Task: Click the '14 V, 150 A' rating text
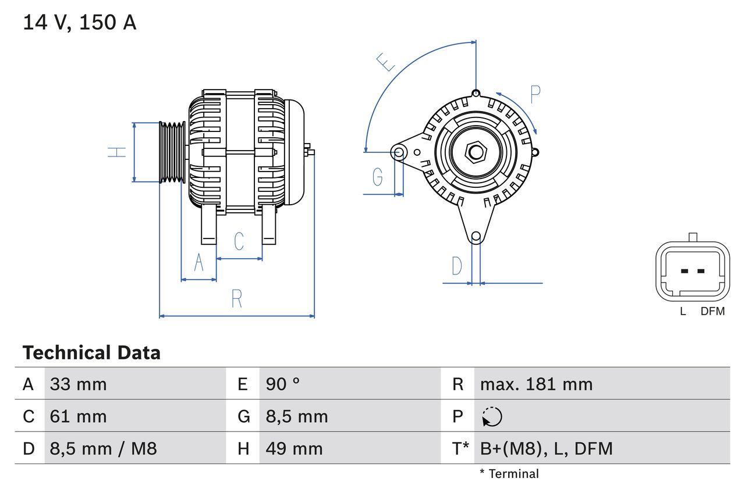click(x=79, y=23)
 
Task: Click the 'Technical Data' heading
click(x=91, y=352)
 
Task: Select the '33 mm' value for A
click(x=78, y=384)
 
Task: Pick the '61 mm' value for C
click(x=78, y=416)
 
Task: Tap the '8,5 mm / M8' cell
click(x=103, y=448)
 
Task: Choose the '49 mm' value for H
click(x=294, y=448)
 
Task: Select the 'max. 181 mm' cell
click(x=536, y=384)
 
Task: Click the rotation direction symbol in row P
click(x=492, y=416)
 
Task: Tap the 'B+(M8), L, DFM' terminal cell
click(x=546, y=448)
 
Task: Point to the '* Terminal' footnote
click(x=509, y=474)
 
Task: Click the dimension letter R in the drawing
click(x=236, y=299)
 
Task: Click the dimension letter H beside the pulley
click(x=118, y=152)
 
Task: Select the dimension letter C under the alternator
click(x=239, y=241)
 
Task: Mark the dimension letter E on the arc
click(x=386, y=62)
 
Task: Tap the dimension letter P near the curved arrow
click(x=535, y=94)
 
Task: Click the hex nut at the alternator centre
click(x=476, y=152)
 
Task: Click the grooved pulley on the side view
click(x=172, y=152)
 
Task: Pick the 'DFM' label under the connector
click(x=712, y=311)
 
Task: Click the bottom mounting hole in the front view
click(x=476, y=236)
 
